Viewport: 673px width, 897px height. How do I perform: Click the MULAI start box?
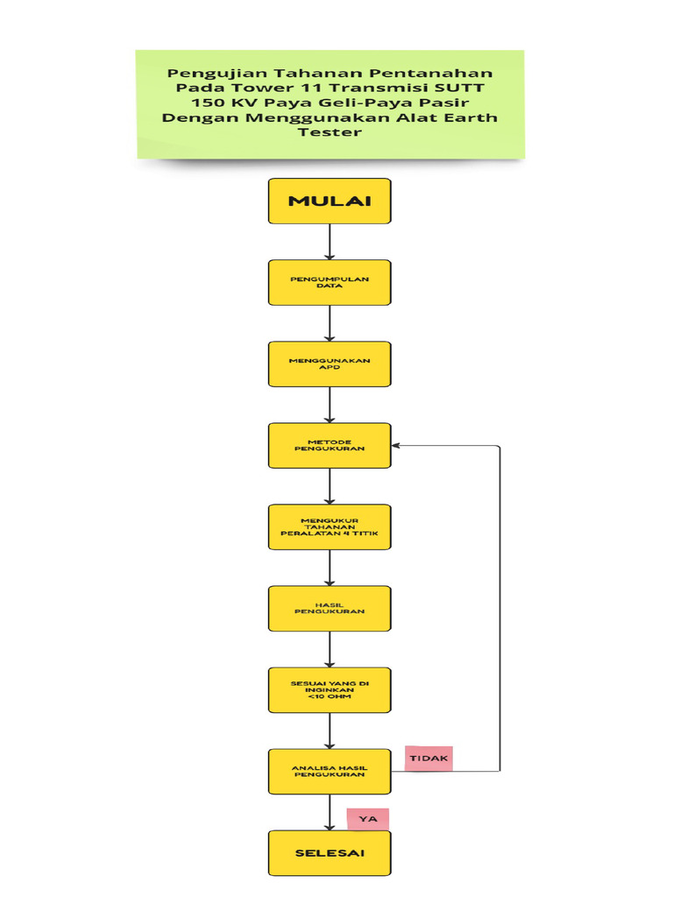tap(329, 201)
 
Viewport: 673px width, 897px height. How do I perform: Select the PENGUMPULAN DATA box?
tap(329, 282)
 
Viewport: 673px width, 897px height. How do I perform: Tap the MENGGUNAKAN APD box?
tap(329, 364)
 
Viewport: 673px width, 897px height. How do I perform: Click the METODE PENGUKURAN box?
tap(329, 445)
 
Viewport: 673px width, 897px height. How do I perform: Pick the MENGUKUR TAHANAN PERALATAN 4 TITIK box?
tap(329, 526)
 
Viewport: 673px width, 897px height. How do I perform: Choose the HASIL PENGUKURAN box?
tap(329, 608)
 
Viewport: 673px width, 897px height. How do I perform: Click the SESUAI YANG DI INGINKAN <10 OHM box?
tap(329, 689)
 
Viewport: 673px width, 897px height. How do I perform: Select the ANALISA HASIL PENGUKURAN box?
tap(329, 771)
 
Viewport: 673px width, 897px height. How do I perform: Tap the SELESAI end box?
tap(329, 852)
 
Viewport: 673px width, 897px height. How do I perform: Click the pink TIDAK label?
tap(429, 758)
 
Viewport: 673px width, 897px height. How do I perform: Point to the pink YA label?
tap(368, 819)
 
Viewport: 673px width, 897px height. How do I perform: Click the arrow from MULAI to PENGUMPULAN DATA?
tap(329, 242)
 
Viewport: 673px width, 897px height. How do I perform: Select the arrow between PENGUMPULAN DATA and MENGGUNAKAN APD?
tap(329, 323)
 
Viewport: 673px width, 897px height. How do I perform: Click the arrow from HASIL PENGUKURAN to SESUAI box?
tap(329, 649)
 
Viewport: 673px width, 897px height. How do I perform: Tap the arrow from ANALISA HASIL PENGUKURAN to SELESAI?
tap(329, 812)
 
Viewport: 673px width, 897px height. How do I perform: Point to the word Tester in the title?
tap(329, 133)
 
